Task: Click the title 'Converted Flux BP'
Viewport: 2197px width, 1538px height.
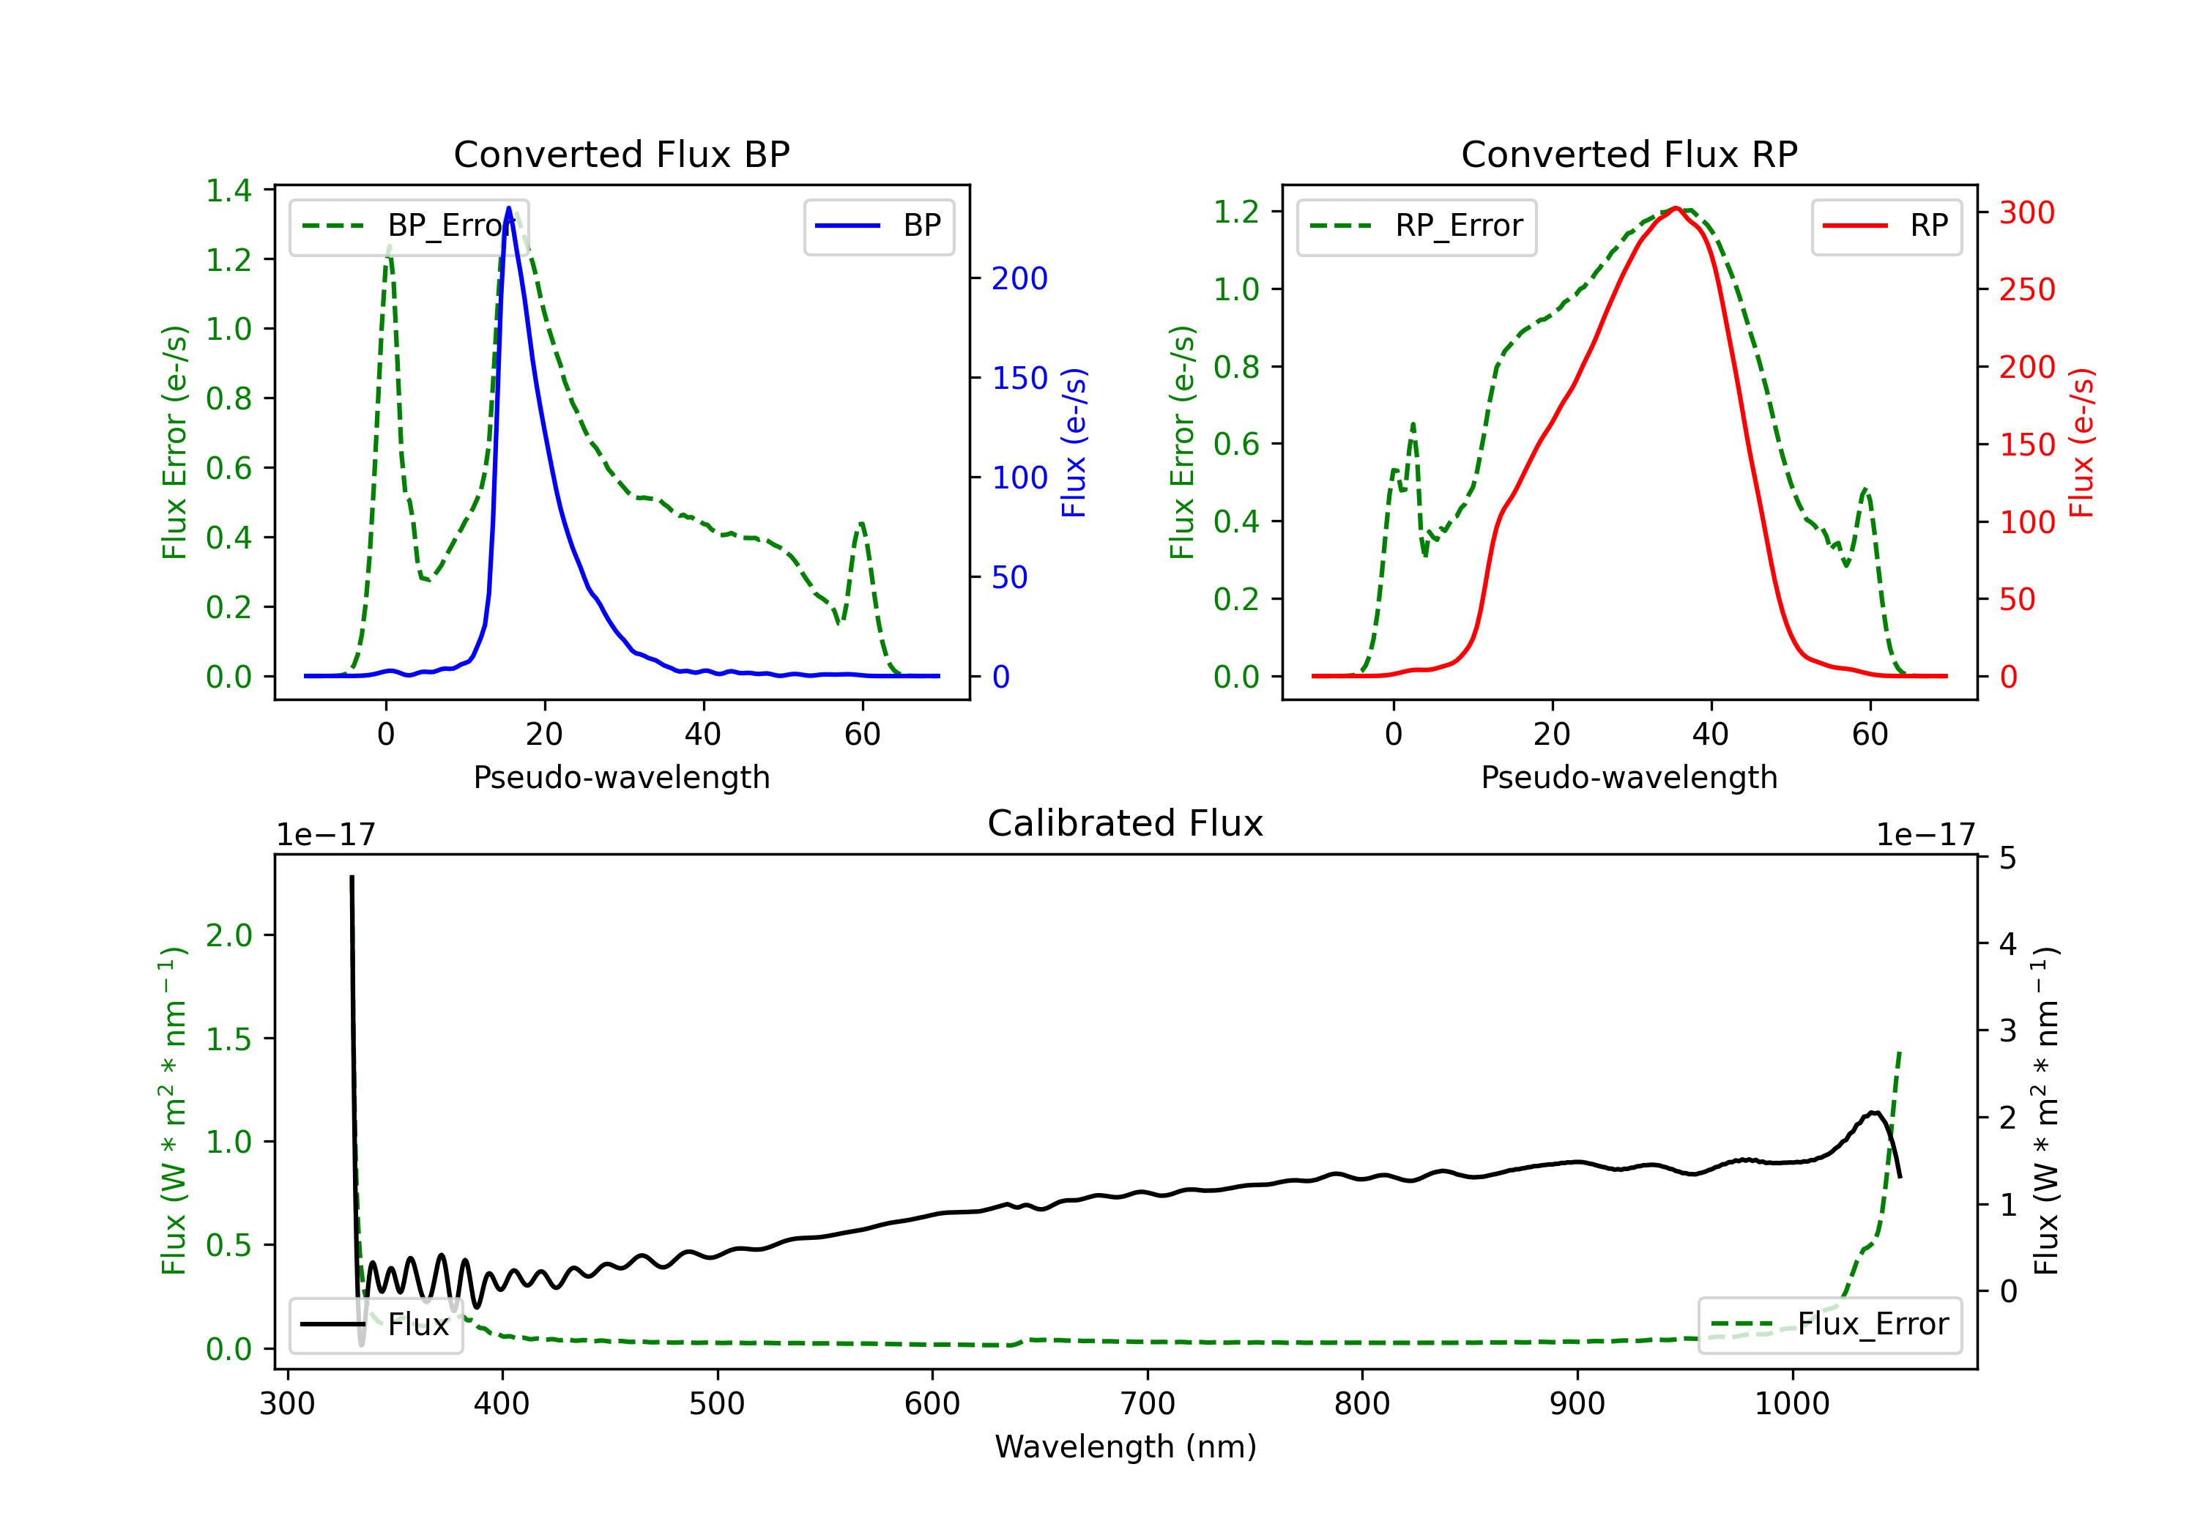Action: click(621, 154)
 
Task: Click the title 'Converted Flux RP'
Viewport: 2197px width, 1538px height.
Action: click(1629, 154)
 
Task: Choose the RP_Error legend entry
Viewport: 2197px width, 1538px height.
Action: click(1416, 226)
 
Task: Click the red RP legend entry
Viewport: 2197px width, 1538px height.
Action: click(1886, 226)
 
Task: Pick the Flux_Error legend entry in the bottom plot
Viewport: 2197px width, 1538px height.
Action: click(1829, 1325)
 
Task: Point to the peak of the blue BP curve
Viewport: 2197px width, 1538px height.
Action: click(508, 208)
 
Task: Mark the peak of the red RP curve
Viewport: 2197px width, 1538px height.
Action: click(1676, 208)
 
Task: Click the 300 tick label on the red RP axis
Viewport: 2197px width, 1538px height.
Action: click(2026, 212)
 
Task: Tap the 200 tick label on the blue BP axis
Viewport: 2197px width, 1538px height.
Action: click(1019, 278)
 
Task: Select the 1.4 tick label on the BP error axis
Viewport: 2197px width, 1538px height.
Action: click(228, 190)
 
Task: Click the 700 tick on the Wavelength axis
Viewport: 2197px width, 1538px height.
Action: click(1148, 1403)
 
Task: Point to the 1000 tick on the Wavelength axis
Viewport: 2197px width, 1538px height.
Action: click(1791, 1403)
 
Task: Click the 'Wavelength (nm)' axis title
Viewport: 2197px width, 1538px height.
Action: click(1126, 1446)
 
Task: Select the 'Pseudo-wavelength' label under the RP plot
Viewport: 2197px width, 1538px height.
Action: click(1629, 777)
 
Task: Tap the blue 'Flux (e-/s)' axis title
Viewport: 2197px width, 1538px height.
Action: click(1074, 442)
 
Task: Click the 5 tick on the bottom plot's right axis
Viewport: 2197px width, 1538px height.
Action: click(2007, 858)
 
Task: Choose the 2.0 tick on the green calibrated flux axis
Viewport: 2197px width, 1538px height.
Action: click(228, 935)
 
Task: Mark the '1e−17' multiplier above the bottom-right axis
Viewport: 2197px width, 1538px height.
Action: click(1925, 835)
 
